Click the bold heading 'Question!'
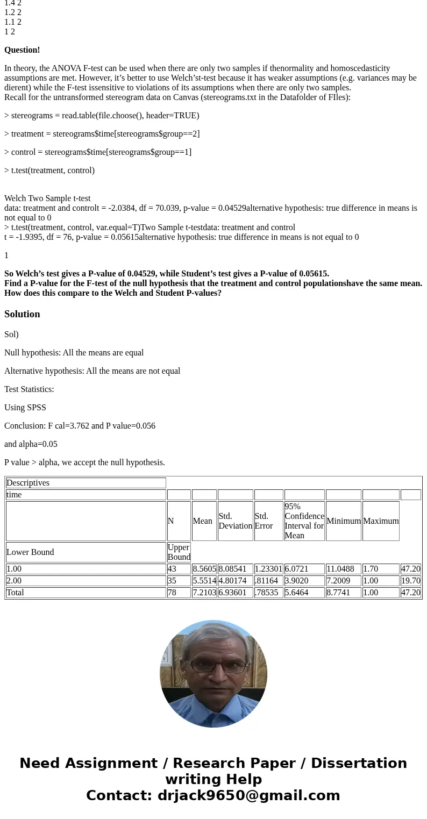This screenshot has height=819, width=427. coord(22,50)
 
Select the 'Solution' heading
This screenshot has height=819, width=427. coord(22,314)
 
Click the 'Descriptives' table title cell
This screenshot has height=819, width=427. coord(28,483)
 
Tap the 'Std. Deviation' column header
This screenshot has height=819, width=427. coord(235,521)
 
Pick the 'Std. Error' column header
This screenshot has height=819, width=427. coord(264,521)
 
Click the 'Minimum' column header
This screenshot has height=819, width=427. coord(343,521)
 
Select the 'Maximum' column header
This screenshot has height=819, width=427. coord(381,521)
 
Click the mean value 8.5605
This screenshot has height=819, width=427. coord(204,569)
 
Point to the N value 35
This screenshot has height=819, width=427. coord(172,581)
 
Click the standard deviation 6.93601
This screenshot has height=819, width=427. coord(235,593)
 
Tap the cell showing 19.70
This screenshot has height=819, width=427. coord(410,581)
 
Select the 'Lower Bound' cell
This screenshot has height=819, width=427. coord(30,552)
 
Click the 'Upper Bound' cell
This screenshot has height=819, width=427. coord(179,552)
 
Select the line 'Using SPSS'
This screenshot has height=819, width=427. coord(25,408)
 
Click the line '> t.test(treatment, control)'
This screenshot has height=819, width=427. coord(49,170)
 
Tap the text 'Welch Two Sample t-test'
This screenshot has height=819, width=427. coord(47,198)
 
